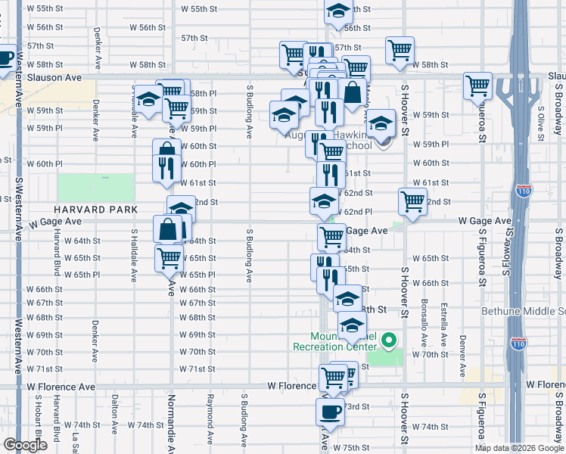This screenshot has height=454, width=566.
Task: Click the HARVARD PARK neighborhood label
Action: click(95, 209)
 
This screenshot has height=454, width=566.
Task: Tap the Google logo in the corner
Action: click(25, 446)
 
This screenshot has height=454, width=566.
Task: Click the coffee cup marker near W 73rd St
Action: click(330, 413)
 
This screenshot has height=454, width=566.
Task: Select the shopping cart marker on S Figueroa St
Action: click(478, 87)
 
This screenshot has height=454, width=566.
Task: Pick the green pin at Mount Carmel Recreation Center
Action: click(390, 340)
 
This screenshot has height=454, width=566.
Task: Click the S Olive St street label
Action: click(541, 126)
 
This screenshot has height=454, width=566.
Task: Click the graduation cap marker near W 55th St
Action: click(338, 11)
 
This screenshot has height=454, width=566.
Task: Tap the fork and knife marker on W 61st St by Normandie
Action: click(166, 168)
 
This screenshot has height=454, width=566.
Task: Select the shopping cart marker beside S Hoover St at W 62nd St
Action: click(412, 202)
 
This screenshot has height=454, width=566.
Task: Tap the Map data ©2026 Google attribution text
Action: click(519, 448)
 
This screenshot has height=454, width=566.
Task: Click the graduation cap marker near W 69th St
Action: click(352, 326)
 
